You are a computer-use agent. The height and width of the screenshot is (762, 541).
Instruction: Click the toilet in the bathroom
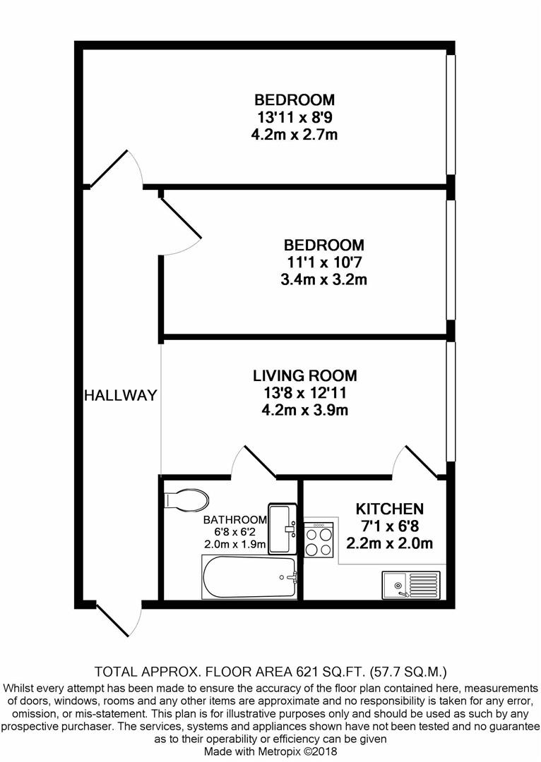coord(186,500)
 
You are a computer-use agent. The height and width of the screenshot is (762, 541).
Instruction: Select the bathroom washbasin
coord(283,528)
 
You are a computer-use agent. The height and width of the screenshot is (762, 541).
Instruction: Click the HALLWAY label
coord(120,396)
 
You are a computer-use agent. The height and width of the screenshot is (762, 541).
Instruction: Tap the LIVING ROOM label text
coord(306,375)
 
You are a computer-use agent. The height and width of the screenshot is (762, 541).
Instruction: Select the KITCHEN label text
coord(389,509)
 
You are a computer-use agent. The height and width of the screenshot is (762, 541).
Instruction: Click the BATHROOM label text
coord(235,520)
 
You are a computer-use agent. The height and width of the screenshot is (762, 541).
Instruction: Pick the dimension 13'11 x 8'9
coord(295,116)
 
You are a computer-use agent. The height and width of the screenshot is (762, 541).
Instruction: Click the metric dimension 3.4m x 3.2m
coord(323,279)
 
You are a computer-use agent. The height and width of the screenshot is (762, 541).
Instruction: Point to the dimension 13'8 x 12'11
coord(306,392)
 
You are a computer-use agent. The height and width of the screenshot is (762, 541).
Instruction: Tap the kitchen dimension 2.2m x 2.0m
coord(389,543)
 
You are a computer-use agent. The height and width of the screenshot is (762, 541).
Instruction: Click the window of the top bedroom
coord(450,113)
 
